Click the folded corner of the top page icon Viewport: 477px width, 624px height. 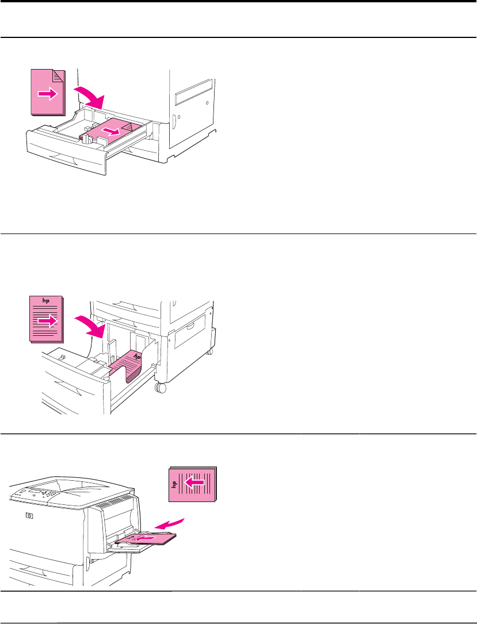pyautogui.click(x=59, y=75)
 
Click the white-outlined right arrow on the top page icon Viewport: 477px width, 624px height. pyautogui.click(x=48, y=94)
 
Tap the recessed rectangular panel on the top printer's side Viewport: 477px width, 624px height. pyautogui.click(x=193, y=93)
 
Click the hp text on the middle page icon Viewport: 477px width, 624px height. pyautogui.click(x=46, y=300)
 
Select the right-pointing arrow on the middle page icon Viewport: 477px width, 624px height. pyautogui.click(x=47, y=321)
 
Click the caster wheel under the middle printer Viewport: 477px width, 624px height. pyautogui.click(x=161, y=388)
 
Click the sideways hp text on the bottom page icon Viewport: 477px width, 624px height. pyautogui.click(x=174, y=484)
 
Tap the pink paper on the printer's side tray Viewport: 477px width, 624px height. pyautogui.click(x=146, y=539)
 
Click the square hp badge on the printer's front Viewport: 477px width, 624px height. pyautogui.click(x=29, y=516)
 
